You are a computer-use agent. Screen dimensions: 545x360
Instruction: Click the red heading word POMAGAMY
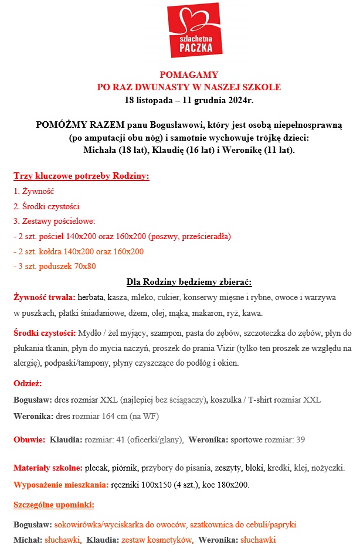coord(189,75)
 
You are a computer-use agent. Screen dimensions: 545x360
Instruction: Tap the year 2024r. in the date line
coord(239,100)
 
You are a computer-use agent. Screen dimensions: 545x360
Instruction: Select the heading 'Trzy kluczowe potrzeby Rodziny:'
coord(81,176)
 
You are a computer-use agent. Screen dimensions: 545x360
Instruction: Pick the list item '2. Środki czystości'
coord(46,206)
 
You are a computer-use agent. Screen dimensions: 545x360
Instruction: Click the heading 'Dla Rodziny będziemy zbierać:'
coord(189,281)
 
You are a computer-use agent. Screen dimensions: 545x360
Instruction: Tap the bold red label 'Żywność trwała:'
coord(44,297)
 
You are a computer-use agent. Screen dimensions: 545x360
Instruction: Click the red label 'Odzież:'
coord(28,384)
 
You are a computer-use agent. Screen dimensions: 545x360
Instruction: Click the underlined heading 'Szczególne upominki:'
coord(54,505)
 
